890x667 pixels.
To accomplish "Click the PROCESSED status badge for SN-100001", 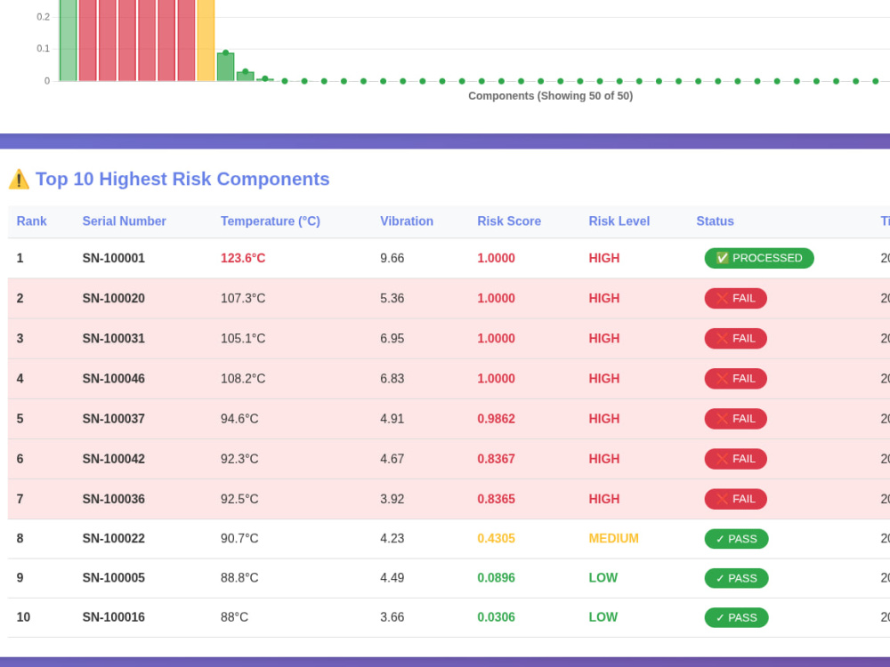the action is click(759, 258).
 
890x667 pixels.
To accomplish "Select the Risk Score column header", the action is click(508, 221).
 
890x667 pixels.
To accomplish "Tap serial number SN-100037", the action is click(114, 419).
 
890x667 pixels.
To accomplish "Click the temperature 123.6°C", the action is click(243, 258).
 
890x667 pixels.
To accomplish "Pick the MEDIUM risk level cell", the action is click(613, 538).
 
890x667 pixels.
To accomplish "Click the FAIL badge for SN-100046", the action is click(736, 378).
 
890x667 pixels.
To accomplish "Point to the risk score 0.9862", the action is click(496, 419).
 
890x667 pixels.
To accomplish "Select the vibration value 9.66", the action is click(392, 258).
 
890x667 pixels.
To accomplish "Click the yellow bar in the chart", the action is click(206, 40).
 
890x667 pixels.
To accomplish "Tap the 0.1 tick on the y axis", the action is click(43, 49).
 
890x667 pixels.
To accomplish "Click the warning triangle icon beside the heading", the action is click(19, 179).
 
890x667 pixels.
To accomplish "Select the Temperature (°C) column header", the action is click(271, 221).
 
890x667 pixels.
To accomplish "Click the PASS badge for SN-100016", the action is click(736, 618).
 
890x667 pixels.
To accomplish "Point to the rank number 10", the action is click(23, 617).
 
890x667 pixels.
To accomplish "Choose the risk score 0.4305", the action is click(496, 538).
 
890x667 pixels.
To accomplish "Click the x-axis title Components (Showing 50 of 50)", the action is click(550, 96).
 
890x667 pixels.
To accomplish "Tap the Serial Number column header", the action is click(124, 221).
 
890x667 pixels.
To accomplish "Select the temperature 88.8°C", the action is click(239, 578).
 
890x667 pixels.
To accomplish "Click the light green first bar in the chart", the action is click(68, 40).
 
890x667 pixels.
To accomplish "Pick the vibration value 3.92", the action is click(392, 499).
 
